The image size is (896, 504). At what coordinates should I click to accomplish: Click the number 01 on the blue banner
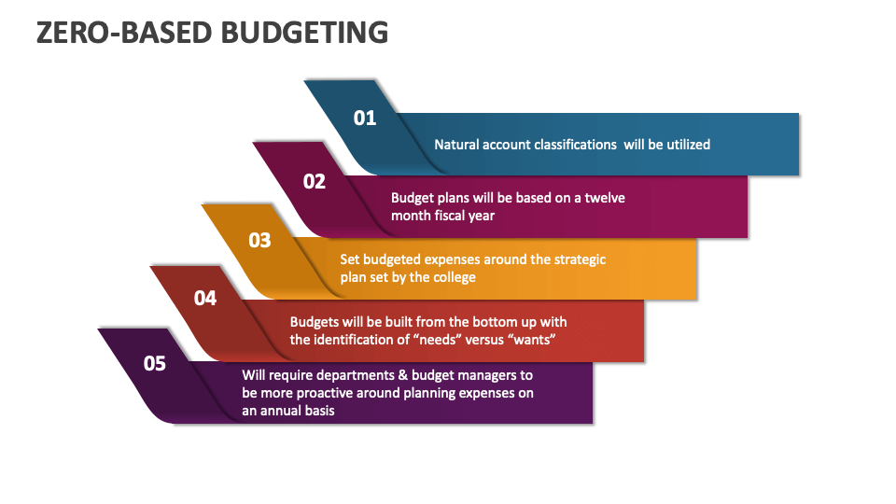point(364,119)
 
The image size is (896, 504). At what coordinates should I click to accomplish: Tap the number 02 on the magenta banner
point(315,182)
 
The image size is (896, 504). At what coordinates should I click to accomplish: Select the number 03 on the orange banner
point(259,241)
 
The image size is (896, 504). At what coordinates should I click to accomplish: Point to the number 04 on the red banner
point(205,299)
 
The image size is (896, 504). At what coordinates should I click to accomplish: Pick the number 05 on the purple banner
point(155,363)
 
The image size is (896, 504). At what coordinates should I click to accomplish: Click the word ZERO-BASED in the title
point(121,32)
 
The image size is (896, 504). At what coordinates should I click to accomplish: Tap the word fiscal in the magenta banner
point(451,216)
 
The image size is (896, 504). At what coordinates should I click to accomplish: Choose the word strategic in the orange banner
point(573,259)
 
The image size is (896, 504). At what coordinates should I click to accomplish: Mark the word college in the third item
point(454,277)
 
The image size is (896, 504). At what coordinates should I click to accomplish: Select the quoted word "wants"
point(534,340)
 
